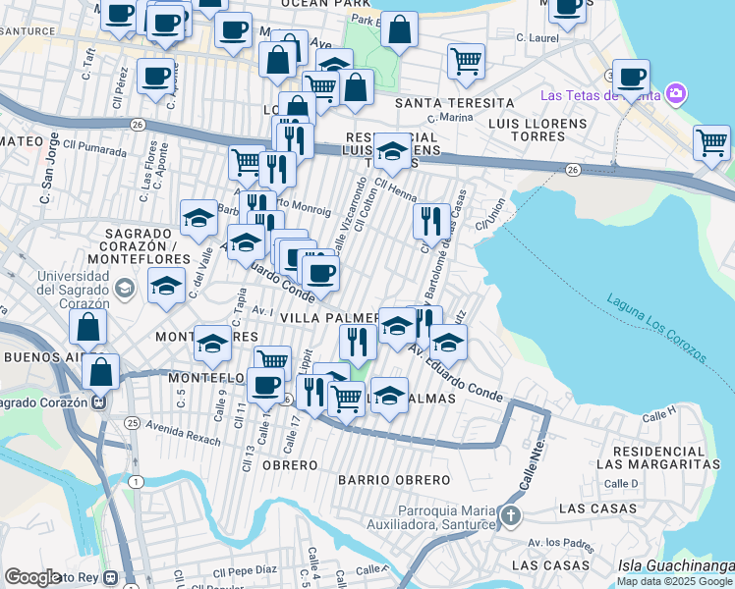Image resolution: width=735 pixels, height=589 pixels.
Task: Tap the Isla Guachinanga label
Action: [676, 565]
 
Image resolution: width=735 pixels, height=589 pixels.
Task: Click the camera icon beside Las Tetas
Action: [675, 95]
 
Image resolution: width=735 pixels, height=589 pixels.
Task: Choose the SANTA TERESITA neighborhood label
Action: [454, 103]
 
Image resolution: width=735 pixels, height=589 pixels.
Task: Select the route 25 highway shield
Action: [132, 423]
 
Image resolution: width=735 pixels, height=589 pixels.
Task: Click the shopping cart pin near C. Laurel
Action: [466, 61]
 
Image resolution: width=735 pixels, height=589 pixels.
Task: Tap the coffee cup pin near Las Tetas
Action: [632, 76]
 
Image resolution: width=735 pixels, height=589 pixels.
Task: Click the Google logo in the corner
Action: [33, 577]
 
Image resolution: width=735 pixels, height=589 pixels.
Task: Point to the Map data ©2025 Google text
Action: [675, 581]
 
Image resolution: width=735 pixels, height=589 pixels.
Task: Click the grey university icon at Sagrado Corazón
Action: [124, 289]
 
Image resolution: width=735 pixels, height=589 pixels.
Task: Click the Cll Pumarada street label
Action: [95, 143]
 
